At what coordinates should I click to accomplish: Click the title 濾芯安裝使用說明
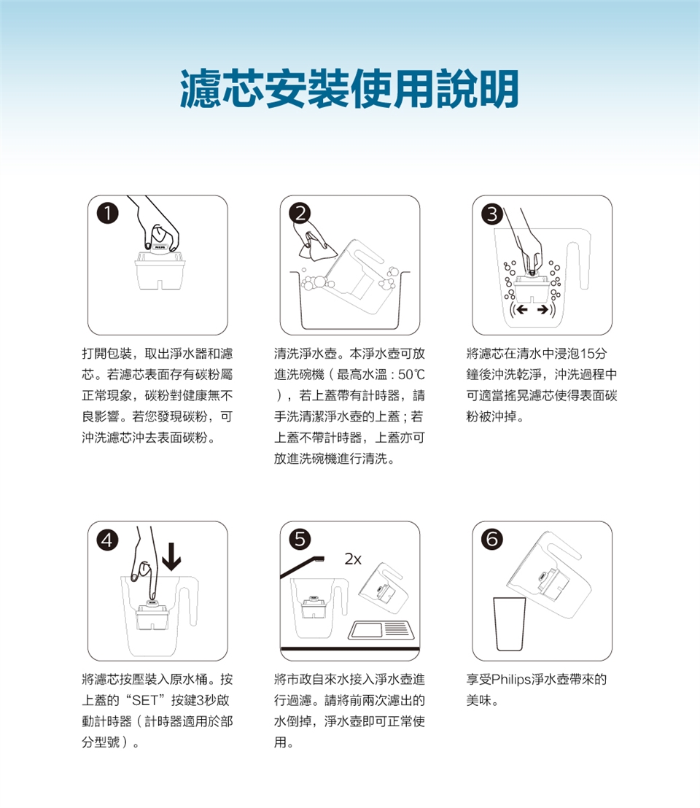[349, 89]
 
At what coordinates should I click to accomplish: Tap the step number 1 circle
[108, 213]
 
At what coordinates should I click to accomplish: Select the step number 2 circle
[300, 213]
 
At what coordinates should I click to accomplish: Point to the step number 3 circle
[492, 214]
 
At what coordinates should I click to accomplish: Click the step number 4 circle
[107, 540]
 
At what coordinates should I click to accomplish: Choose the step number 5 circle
[300, 539]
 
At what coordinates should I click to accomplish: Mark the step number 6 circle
[492, 539]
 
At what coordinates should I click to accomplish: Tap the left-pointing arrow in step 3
[522, 310]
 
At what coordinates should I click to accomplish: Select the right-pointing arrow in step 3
[542, 310]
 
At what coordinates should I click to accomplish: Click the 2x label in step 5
[353, 559]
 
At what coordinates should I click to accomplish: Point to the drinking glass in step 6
[510, 624]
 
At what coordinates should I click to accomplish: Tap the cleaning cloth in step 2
[316, 246]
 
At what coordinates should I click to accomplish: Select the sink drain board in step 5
[381, 630]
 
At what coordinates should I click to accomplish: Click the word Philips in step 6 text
[511, 680]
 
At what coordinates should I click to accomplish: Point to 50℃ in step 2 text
[411, 375]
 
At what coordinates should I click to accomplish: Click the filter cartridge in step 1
[159, 270]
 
